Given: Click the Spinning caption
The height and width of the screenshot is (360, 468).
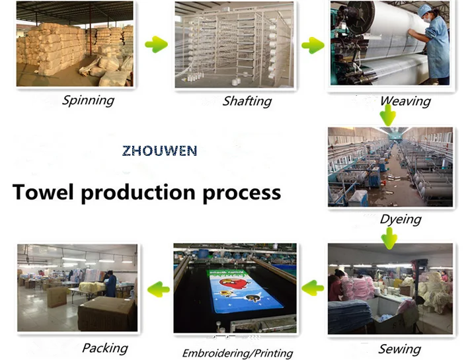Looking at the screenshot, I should [88, 100].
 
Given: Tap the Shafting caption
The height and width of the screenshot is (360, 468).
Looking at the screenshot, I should [247, 101].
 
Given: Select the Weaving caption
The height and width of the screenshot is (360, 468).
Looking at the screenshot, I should [405, 101].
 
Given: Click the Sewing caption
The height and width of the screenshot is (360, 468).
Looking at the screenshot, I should [399, 349].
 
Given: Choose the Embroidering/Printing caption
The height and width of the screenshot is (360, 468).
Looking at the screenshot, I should [237, 353].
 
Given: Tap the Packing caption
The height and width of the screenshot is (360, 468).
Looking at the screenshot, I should [104, 347].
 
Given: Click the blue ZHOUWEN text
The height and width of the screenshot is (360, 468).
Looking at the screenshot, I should [159, 151].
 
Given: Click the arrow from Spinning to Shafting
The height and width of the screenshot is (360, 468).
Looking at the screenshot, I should [156, 45].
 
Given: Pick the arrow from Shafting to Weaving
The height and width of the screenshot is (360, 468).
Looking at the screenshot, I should [313, 46].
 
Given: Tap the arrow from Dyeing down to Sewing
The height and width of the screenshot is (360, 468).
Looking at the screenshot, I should [389, 237].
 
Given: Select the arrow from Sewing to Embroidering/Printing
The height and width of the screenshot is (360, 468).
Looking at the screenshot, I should [313, 287].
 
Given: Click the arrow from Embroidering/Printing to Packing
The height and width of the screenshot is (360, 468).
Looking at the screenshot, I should [157, 288].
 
